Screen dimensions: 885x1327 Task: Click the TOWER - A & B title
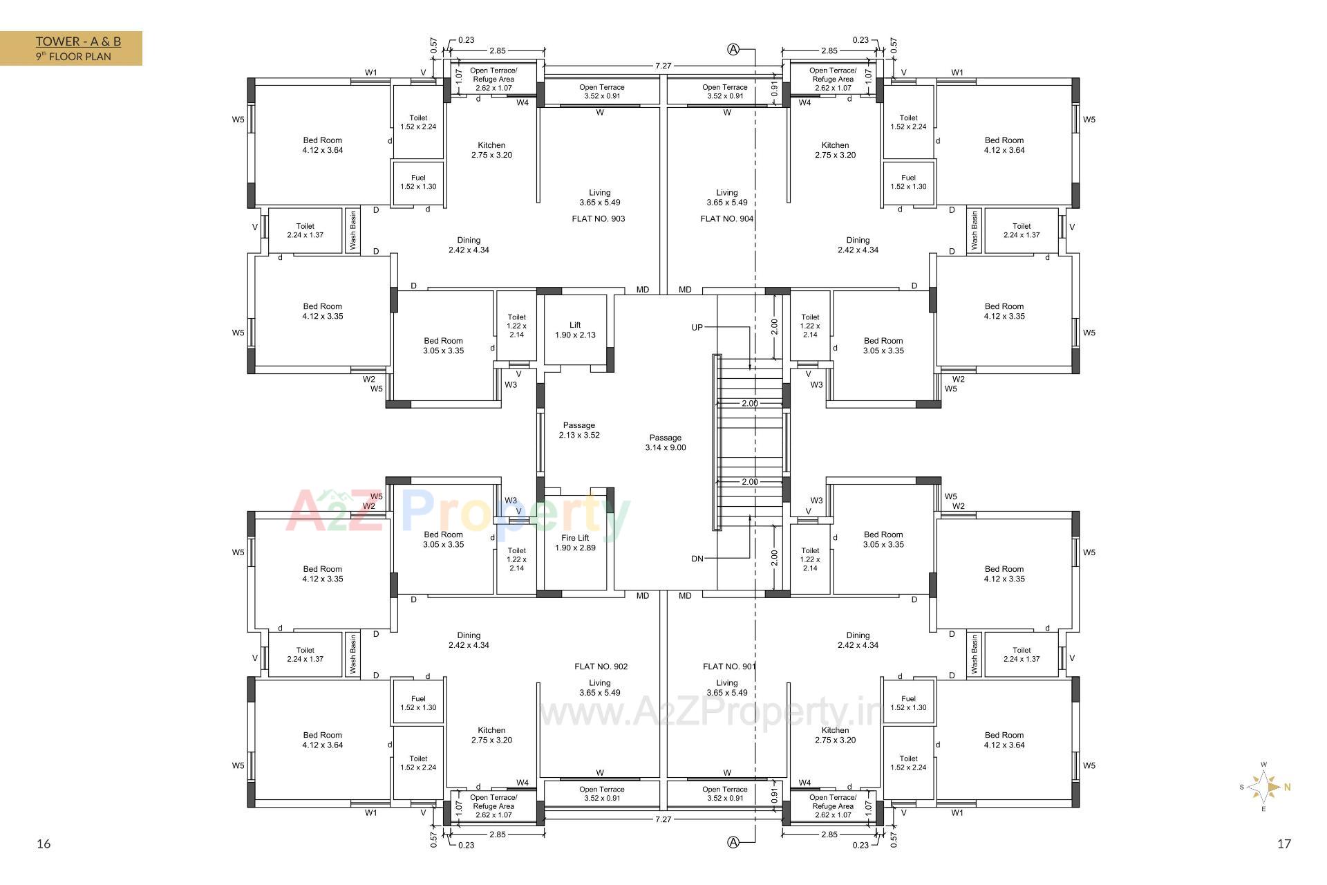(x=78, y=41)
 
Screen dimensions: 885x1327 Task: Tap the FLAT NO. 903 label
(x=599, y=218)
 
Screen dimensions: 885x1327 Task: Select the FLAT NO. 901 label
(x=729, y=667)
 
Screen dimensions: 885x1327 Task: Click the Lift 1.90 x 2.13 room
(x=575, y=330)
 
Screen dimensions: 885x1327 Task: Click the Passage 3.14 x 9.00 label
(x=666, y=442)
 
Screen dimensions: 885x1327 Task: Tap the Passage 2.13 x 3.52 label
(x=579, y=430)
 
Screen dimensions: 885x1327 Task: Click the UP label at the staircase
(x=697, y=327)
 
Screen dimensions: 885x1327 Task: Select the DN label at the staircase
(x=697, y=559)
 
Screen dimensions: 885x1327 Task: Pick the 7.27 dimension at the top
(x=663, y=66)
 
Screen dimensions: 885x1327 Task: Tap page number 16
(x=44, y=844)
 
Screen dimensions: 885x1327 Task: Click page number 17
(x=1284, y=844)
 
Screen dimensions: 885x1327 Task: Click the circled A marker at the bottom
(x=733, y=842)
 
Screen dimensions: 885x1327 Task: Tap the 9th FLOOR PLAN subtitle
(x=73, y=57)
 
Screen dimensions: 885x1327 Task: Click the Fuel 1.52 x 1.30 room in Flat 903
(x=418, y=182)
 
